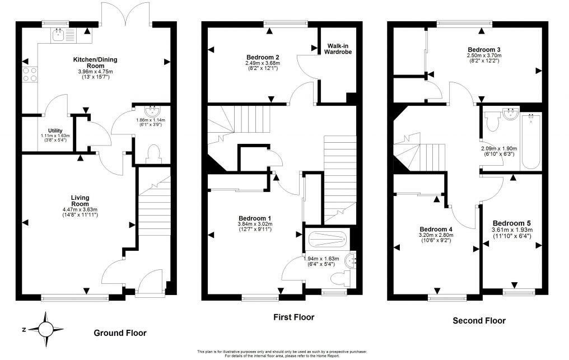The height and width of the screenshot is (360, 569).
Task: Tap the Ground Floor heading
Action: pos(119,333)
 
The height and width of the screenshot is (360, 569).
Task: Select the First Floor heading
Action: pos(293,317)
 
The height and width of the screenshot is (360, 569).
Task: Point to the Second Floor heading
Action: pos(479,321)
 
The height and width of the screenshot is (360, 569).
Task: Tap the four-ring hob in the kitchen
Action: pos(29,74)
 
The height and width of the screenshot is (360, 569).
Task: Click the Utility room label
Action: pos(55,130)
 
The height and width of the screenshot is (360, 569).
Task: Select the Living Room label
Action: pos(81,200)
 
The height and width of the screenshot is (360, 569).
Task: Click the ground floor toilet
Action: pos(151,153)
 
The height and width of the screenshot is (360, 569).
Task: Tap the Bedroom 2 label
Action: pos(263,57)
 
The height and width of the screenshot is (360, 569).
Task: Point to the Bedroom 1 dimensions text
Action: pos(255,226)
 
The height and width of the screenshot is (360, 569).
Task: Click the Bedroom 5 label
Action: pos(512,222)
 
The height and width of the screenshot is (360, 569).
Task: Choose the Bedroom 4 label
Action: pos(436,230)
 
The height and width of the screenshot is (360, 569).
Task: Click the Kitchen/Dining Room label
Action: pos(95,62)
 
